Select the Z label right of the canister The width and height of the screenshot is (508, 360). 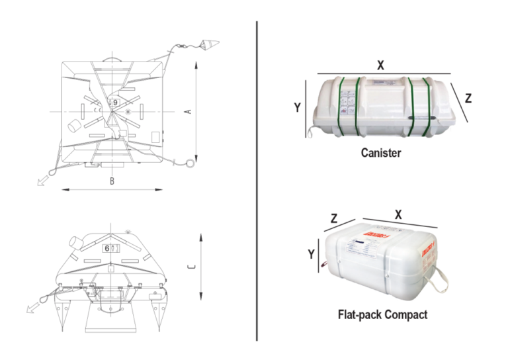coord(468,99)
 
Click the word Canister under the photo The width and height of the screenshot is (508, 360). coord(381,152)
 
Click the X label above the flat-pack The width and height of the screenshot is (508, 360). coord(398,214)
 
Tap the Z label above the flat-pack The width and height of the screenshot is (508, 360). coord(335,218)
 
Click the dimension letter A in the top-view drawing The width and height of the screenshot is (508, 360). coord(187,112)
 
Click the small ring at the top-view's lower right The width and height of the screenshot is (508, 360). coord(190,163)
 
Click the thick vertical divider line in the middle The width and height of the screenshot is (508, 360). coord(257,180)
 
